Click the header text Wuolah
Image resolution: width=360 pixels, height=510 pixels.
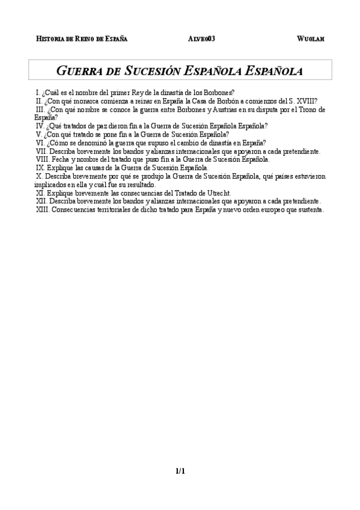pos(311,38)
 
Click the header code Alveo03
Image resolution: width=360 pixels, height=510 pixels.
pos(201,38)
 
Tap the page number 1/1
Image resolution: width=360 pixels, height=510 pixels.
pos(180,471)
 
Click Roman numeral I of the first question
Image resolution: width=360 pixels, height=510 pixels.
pos(38,93)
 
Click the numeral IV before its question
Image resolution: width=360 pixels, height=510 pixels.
pos(40,126)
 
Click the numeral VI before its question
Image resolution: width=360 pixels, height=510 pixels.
pos(40,143)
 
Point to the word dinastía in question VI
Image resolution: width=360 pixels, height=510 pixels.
pos(201,143)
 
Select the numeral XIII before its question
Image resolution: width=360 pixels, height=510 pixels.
pos(42,210)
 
